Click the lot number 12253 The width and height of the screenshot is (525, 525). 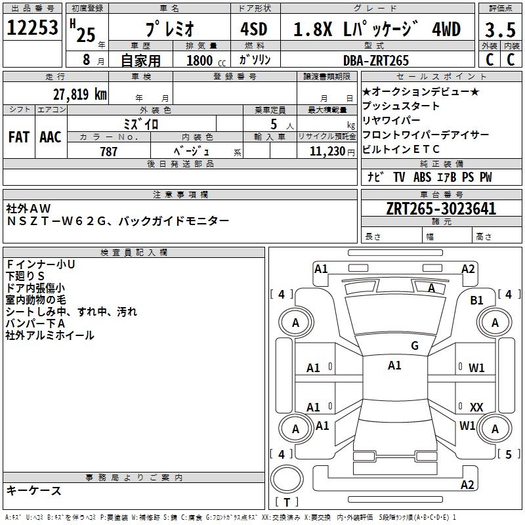coord(32,28)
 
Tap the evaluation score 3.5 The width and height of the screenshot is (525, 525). coord(499,30)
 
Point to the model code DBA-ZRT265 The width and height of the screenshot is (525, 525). coord(376,60)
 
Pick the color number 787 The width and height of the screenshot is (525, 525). coord(109,152)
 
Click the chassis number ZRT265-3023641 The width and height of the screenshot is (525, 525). coord(441,209)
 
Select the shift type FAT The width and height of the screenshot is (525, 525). coord(19,136)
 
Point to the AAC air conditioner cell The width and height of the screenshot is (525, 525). coord(50,136)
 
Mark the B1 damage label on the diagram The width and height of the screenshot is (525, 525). coord(476,300)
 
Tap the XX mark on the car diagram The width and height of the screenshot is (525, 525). coord(476,408)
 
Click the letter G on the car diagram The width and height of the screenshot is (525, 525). coord(414,346)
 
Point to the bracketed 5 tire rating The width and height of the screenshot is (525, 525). coord(509,454)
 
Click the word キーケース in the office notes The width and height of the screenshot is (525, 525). coord(34,491)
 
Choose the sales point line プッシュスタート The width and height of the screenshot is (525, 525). coord(401,106)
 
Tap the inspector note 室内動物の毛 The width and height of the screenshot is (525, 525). coord(41,299)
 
